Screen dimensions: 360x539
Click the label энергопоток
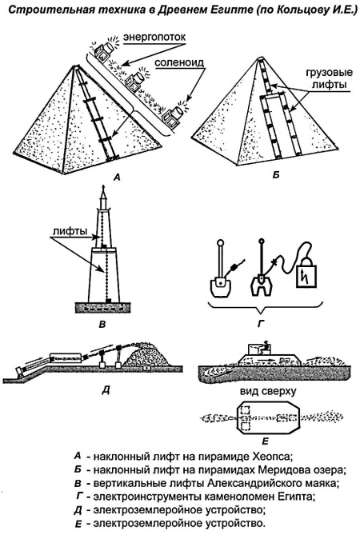click(154, 37)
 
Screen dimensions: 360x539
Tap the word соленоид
click(179, 62)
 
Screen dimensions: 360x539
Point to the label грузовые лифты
click(329, 78)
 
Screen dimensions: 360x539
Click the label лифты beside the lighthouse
click(70, 231)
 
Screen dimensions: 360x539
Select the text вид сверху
click(269, 392)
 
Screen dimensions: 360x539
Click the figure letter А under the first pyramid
click(117, 178)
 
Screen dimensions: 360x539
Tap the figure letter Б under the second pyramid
click(275, 175)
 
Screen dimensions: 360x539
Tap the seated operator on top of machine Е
click(266, 348)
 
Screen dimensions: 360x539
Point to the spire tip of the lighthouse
click(103, 186)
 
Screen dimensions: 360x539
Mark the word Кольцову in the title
click(297, 10)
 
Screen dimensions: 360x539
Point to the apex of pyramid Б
click(260, 58)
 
